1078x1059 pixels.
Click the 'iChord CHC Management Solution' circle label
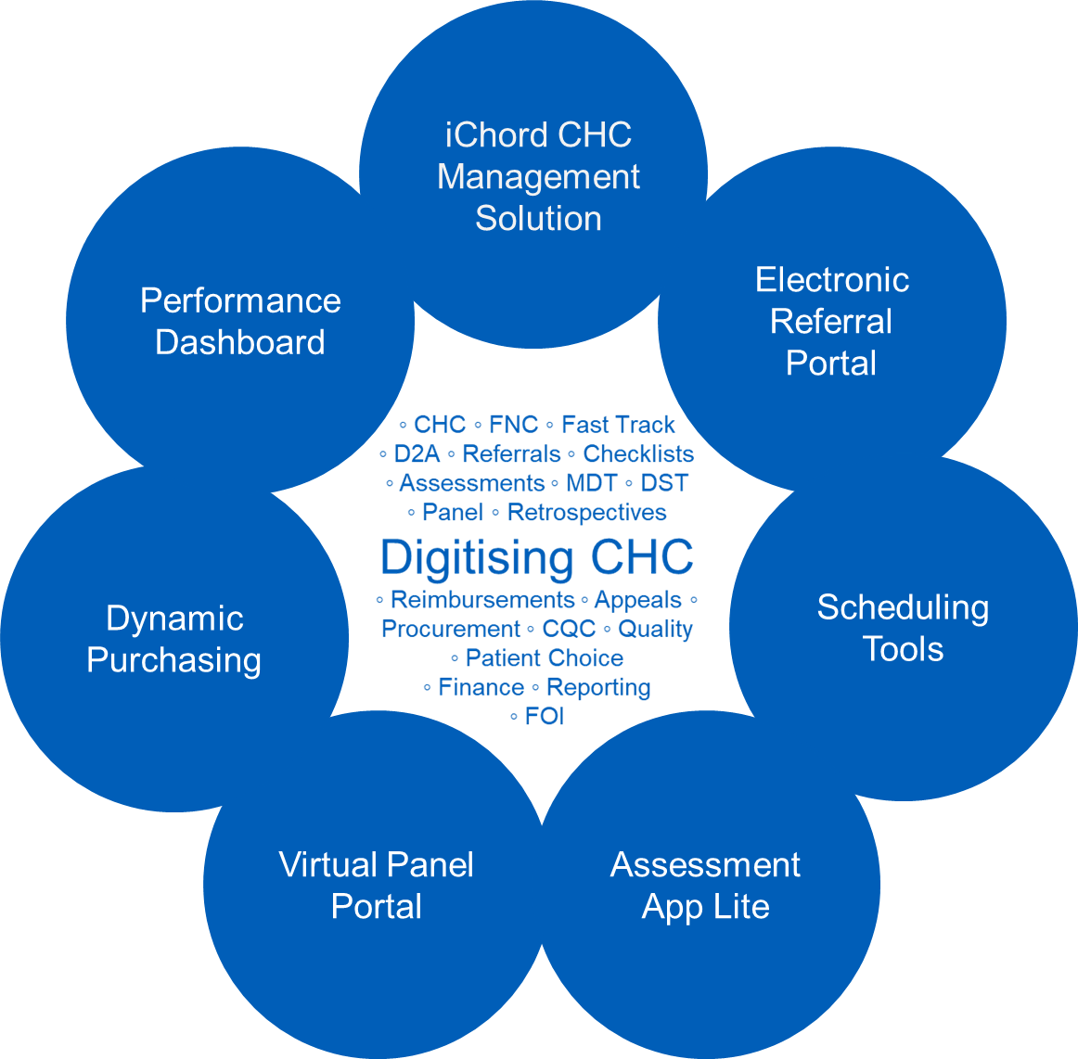click(538, 176)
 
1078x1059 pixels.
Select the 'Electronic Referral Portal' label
click(832, 321)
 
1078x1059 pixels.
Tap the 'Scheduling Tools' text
click(903, 628)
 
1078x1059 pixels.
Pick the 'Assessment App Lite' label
click(705, 886)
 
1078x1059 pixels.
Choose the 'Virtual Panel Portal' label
click(376, 886)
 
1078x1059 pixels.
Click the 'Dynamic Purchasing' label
click(173, 639)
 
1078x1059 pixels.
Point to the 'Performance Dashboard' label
click(240, 321)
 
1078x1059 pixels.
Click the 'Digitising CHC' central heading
click(537, 556)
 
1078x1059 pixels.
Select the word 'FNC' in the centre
click(514, 425)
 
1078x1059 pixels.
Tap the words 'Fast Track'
click(618, 425)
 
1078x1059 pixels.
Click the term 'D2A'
click(417, 453)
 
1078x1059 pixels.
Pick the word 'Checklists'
click(638, 453)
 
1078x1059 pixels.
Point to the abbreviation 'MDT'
click(591, 483)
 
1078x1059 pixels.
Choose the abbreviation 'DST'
click(664, 483)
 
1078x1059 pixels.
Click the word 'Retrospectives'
click(587, 512)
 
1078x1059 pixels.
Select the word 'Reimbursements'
click(482, 599)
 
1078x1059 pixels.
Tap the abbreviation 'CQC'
click(570, 629)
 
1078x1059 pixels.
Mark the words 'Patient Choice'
click(545, 657)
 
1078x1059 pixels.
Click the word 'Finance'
click(481, 687)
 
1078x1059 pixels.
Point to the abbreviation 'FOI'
click(545, 716)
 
